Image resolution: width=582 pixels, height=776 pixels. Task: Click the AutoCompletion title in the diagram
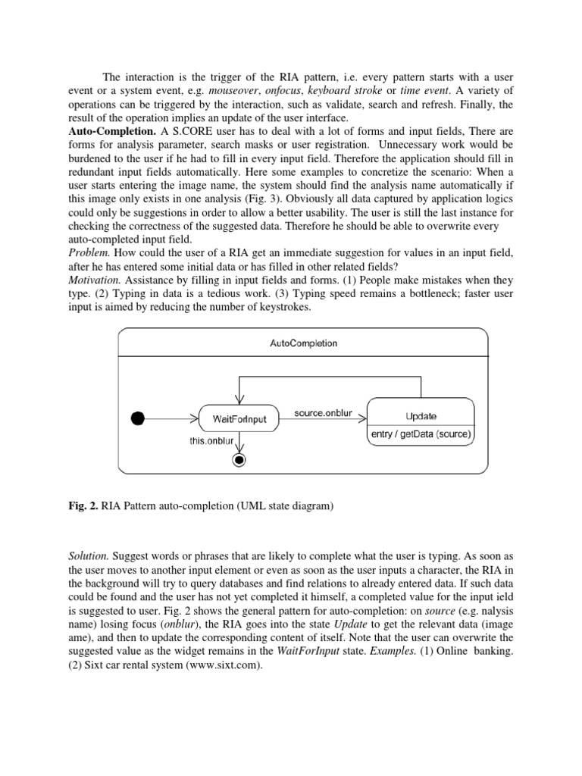(303, 343)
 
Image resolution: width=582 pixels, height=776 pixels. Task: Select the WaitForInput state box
(239, 418)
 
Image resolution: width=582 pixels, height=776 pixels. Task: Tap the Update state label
(421, 416)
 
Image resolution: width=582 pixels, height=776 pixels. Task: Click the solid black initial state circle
(138, 418)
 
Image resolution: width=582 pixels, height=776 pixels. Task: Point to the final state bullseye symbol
(239, 461)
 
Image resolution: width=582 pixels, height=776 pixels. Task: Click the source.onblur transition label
(324, 412)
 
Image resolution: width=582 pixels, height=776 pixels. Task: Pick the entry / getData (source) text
(421, 434)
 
